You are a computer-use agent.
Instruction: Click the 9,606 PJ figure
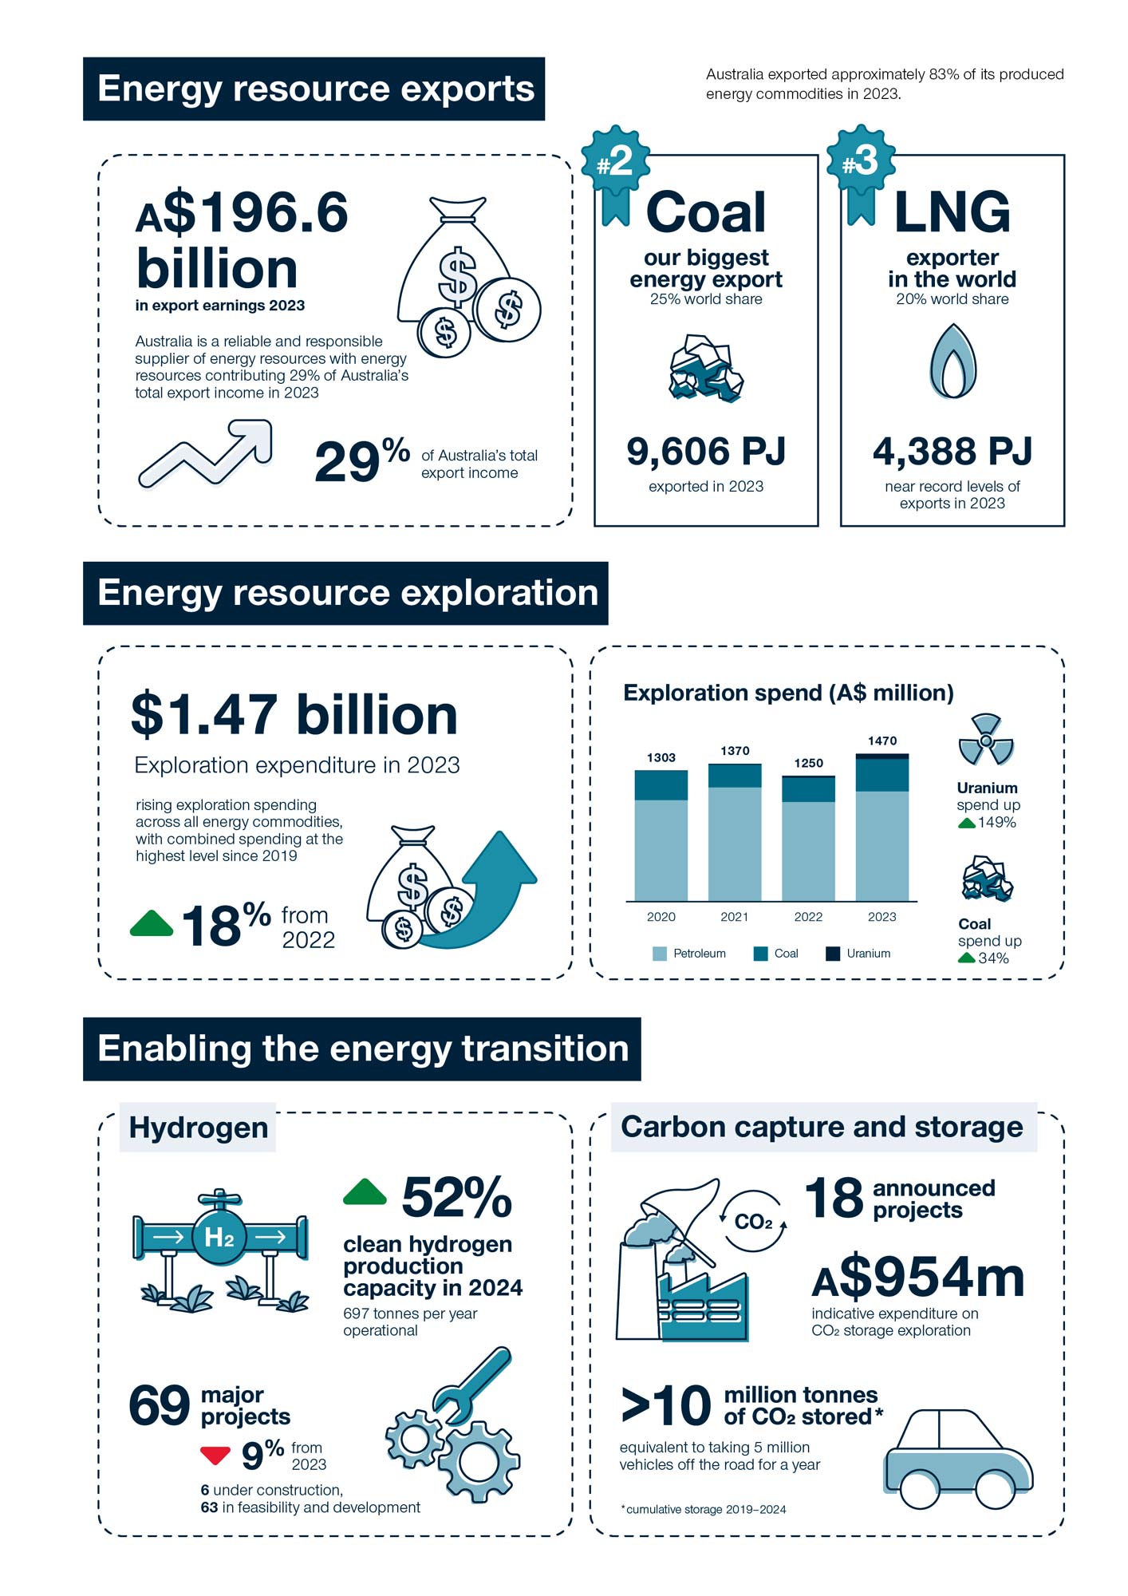[706, 452]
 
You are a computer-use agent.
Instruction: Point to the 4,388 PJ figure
[952, 452]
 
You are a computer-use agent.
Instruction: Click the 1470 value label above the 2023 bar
[882, 741]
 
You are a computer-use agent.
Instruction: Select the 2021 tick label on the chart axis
[735, 917]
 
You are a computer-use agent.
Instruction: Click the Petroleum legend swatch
[660, 954]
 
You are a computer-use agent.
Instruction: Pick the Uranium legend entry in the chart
[858, 954]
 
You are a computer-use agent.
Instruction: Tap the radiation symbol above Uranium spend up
[986, 740]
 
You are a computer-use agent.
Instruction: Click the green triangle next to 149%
[966, 823]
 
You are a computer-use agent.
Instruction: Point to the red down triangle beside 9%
[215, 1456]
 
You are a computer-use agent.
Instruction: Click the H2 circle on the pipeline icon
[219, 1238]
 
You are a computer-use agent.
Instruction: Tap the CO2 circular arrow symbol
[753, 1222]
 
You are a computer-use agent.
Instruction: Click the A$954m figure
[918, 1278]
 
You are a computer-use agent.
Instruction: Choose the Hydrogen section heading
[198, 1128]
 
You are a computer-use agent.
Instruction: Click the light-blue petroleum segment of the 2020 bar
[661, 851]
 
